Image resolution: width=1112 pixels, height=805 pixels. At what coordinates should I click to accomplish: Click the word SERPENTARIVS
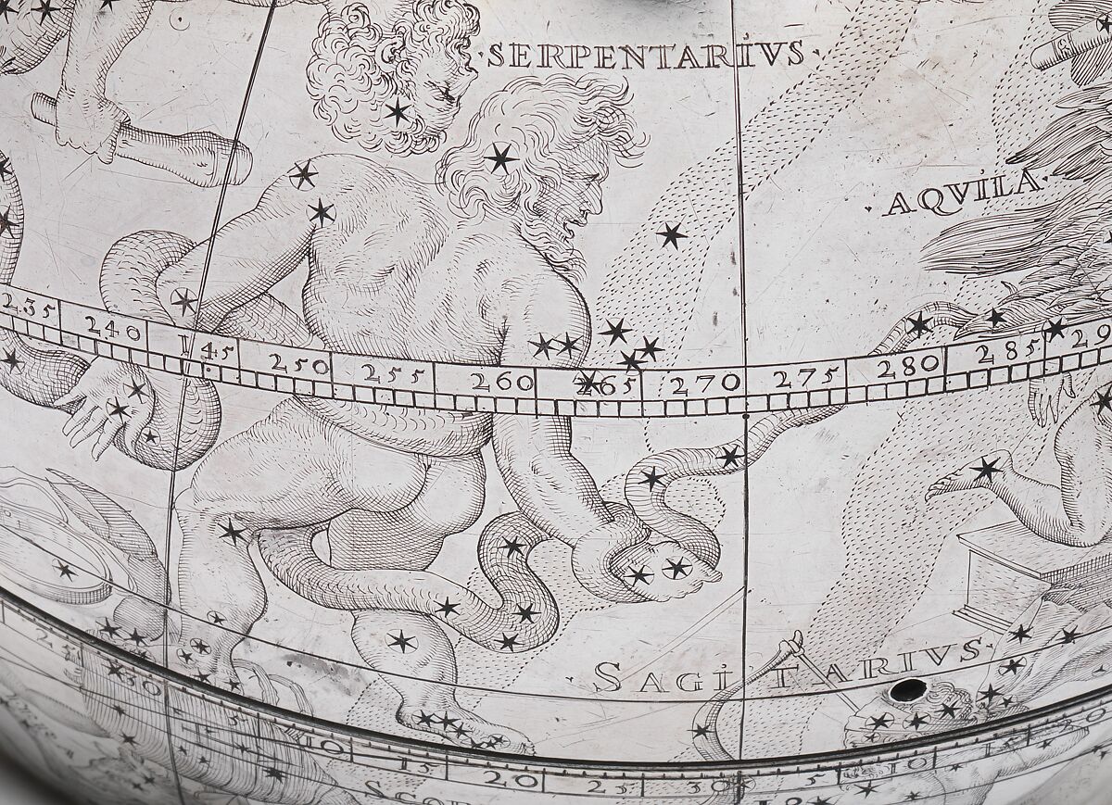pos(646,56)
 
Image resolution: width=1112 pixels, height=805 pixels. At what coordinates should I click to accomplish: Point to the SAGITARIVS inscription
pos(786,668)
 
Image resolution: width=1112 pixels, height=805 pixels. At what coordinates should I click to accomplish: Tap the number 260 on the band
pos(502,381)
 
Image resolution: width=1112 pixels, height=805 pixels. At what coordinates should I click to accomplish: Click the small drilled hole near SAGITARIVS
pos(906,690)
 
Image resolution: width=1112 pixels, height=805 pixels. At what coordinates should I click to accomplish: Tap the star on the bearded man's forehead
pos(501,157)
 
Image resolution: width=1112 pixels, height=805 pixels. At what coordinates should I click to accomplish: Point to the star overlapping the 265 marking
pos(587,382)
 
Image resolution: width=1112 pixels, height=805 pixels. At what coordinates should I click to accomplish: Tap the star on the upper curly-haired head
pos(398,113)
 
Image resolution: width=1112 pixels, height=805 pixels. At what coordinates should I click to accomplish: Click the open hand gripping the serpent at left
pos(97,408)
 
